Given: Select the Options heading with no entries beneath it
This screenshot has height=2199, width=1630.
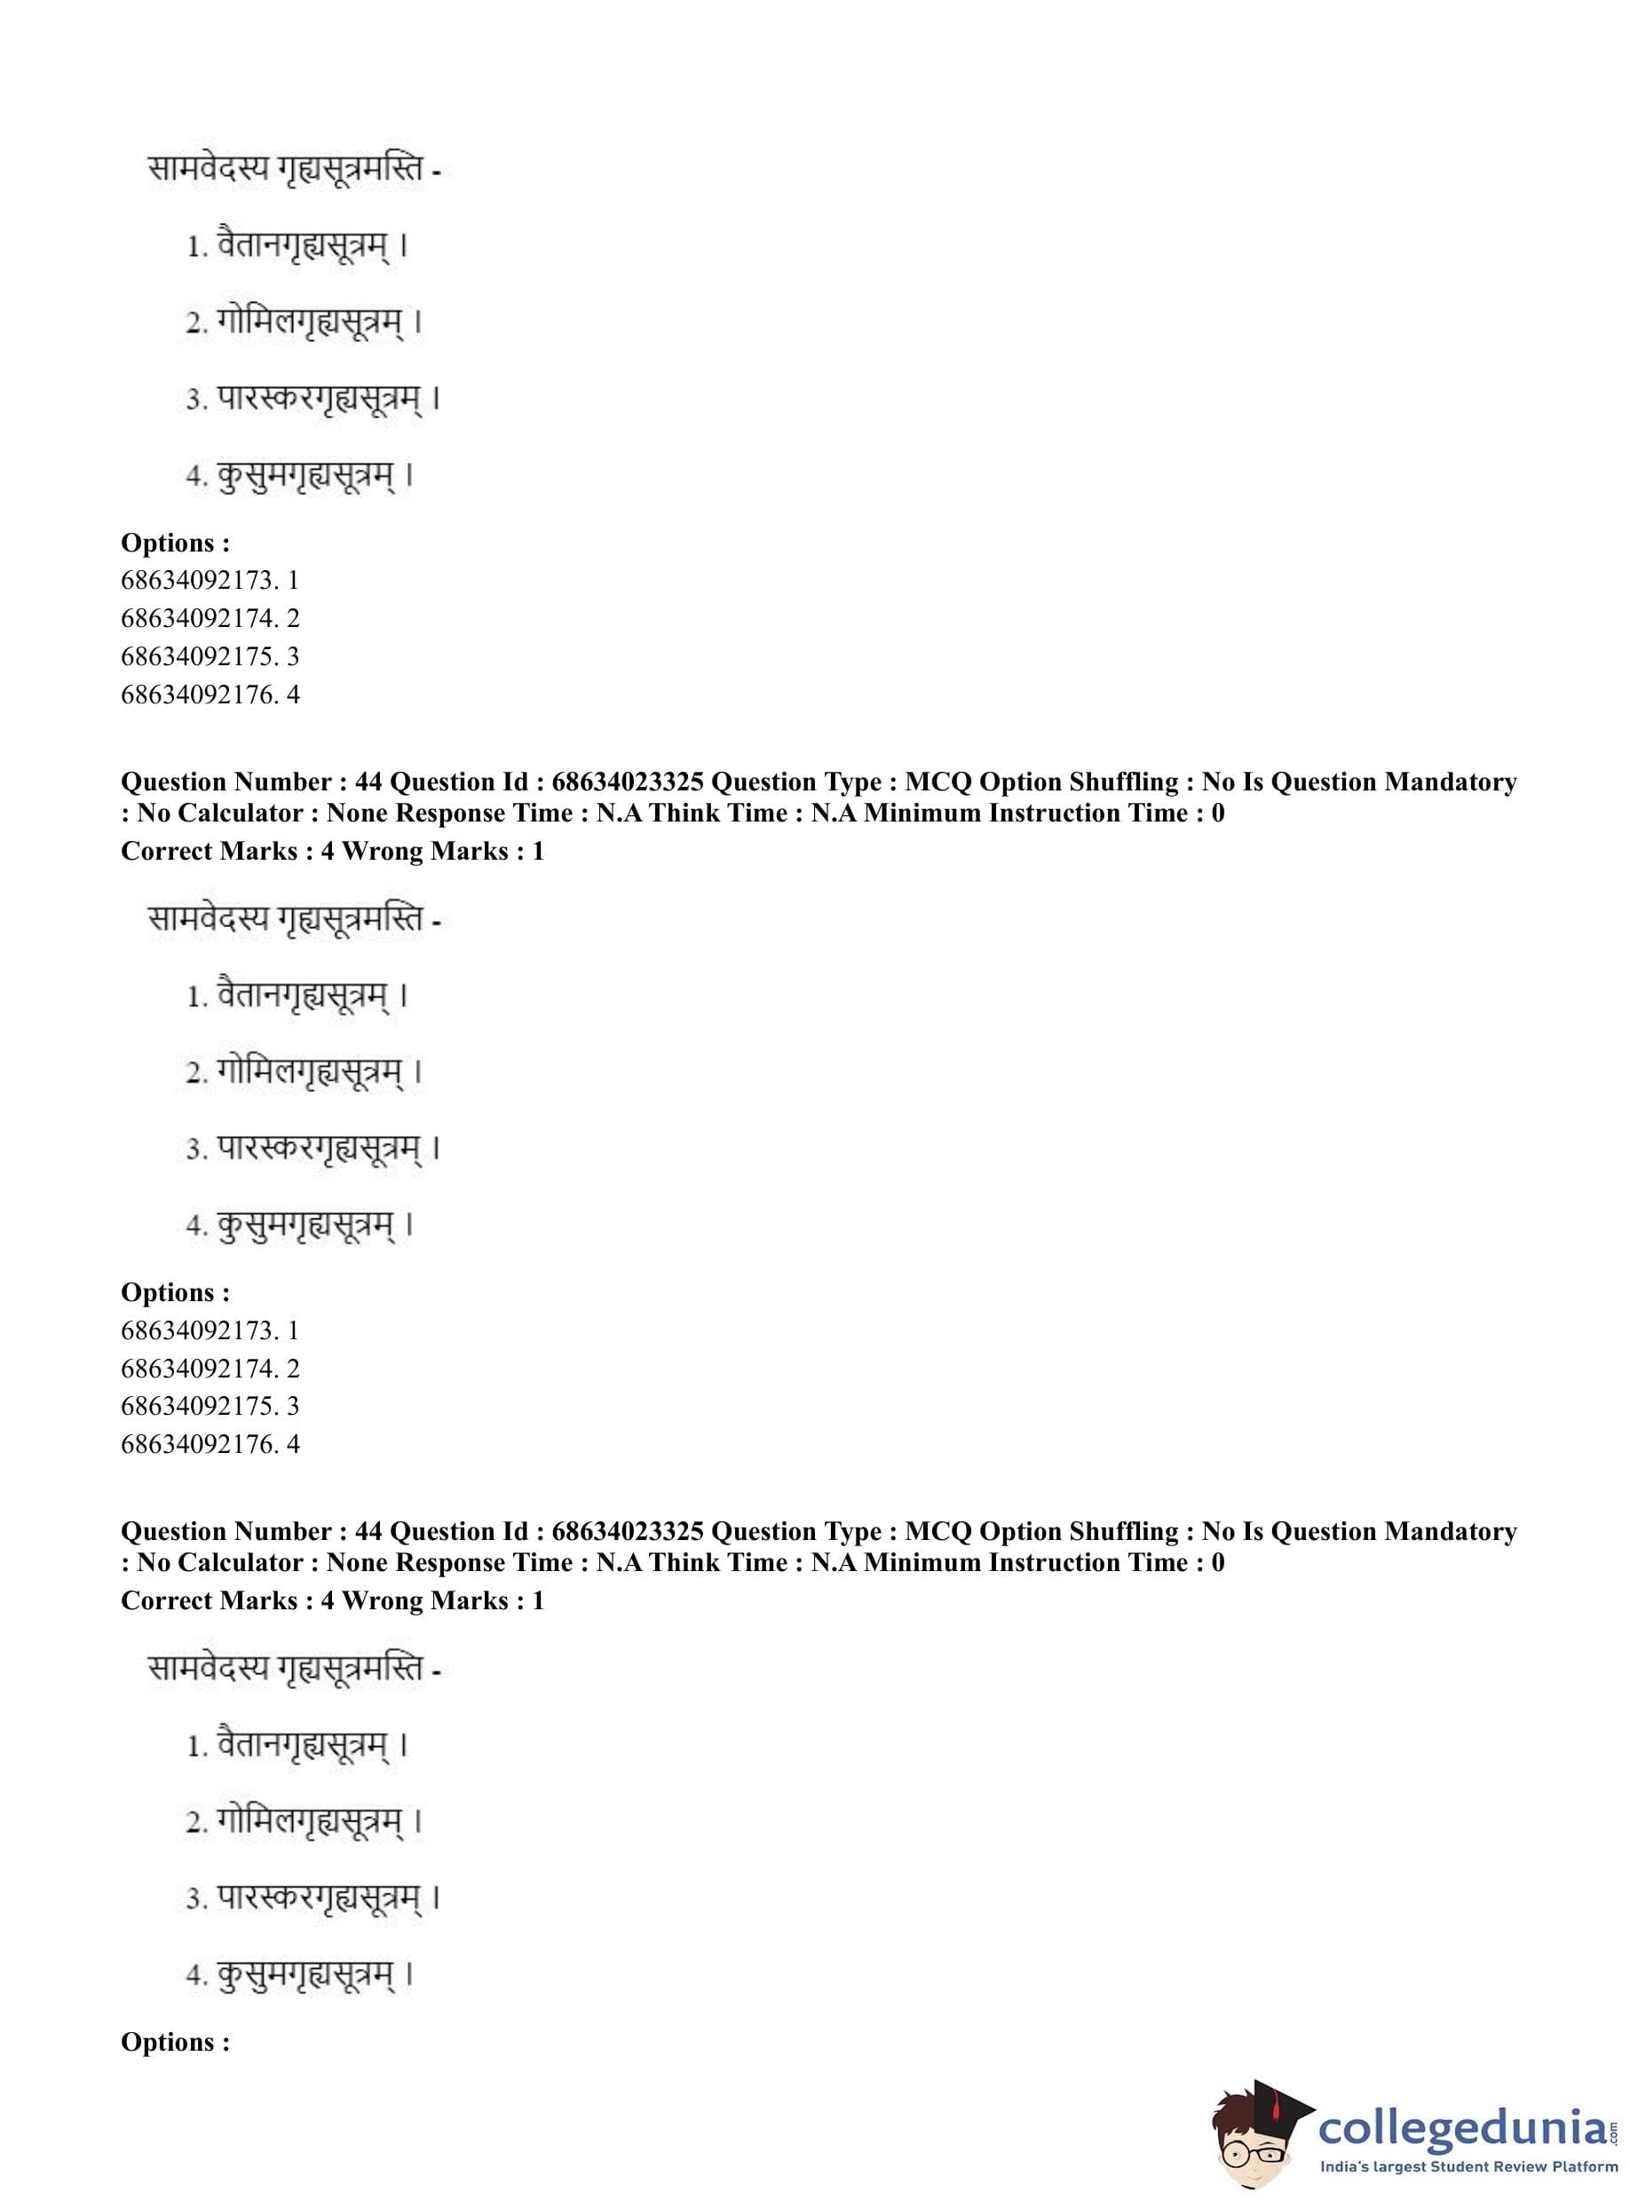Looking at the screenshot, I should click(175, 2041).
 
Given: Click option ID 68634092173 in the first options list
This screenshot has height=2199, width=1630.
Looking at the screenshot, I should click(210, 580).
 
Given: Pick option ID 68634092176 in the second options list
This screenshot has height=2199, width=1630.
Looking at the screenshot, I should click(210, 1444).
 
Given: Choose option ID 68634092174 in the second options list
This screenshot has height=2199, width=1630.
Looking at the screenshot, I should click(210, 1368).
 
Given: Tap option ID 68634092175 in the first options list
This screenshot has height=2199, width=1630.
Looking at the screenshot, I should click(210, 656).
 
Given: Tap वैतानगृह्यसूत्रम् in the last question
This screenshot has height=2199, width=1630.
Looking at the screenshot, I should click(303, 1745).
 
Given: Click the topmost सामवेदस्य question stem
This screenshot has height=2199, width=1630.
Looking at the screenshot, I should click(292, 170).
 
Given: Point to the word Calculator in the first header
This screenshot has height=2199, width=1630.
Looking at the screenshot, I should click(236, 814).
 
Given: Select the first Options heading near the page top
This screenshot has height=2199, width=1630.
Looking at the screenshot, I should click(175, 543).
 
